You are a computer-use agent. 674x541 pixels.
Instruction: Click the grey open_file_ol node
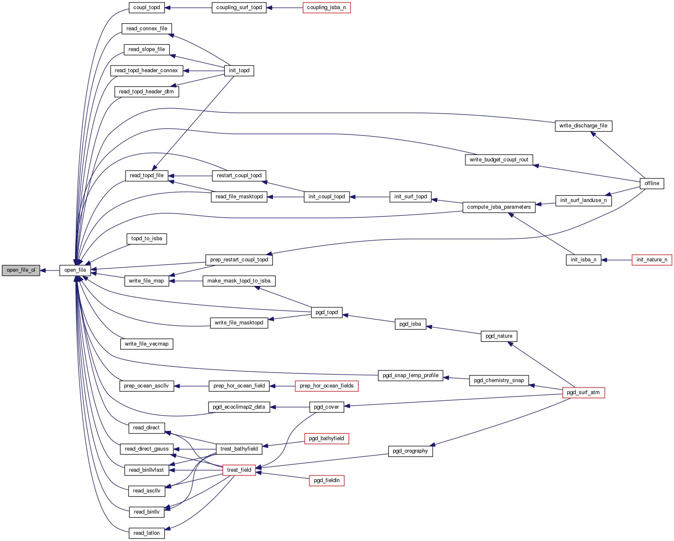pos(21,270)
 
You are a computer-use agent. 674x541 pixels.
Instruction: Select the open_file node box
pos(75,270)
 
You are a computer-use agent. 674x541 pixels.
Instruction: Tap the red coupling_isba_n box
pos(326,7)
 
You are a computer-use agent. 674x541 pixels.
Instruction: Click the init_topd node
pos(239,71)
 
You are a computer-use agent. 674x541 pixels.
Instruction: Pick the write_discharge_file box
pos(583,126)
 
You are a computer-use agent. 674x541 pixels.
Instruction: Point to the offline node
pos(652,183)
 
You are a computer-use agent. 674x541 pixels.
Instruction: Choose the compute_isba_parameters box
pos(499,207)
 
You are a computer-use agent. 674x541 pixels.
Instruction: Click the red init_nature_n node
pos(652,260)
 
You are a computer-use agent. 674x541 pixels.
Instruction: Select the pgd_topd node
pos(326,312)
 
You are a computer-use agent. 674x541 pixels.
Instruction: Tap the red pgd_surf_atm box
pos(583,392)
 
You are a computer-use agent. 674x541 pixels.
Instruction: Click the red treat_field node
pos(239,470)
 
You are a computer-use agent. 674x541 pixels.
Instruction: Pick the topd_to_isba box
pos(146,239)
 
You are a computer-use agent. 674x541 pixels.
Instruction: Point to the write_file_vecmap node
pos(146,344)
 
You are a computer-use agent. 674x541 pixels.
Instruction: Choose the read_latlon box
pos(146,533)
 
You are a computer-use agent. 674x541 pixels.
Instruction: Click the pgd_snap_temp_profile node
pos(410,375)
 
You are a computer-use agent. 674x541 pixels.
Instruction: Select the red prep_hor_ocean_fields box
pos(326,386)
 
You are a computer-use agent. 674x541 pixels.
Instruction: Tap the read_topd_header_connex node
pos(146,71)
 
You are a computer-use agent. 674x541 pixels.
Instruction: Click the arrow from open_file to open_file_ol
pos(50,270)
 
